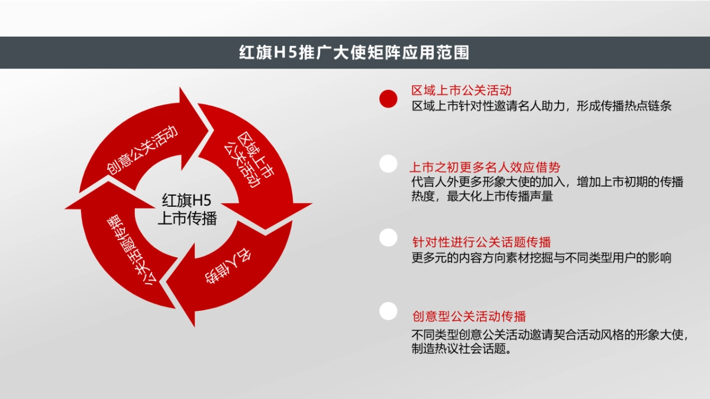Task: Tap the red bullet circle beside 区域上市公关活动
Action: tap(388, 99)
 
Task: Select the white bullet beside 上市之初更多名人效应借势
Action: tap(388, 164)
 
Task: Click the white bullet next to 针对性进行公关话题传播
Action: tap(388, 238)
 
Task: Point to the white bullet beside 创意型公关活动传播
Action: tap(388, 311)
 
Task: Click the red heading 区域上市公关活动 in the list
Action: tap(461, 90)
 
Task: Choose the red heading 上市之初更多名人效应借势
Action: tap(485, 167)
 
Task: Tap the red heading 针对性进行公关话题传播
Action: tap(482, 242)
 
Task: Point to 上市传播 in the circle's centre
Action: tap(187, 219)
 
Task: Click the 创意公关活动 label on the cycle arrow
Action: tap(142, 151)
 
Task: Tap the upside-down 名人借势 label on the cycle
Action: tap(224, 267)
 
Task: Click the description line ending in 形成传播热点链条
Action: tap(541, 106)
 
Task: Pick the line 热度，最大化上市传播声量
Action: tap(482, 197)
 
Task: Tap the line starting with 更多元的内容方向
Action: tap(541, 258)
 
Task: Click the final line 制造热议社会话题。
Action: tap(461, 349)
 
